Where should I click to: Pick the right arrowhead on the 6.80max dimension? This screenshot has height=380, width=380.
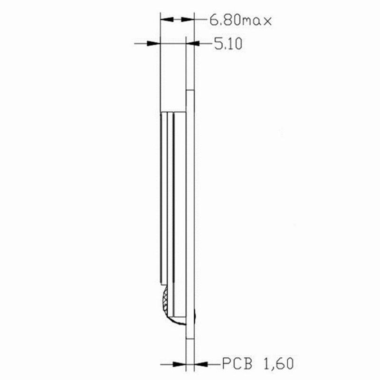tap(189, 19)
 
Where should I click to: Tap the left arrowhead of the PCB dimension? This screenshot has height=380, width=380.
tap(180, 364)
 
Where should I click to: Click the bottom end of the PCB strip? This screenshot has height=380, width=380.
tap(190, 338)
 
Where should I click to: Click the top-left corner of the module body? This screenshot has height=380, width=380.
tap(161, 112)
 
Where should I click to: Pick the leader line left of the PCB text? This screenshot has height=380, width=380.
tap(213, 364)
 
